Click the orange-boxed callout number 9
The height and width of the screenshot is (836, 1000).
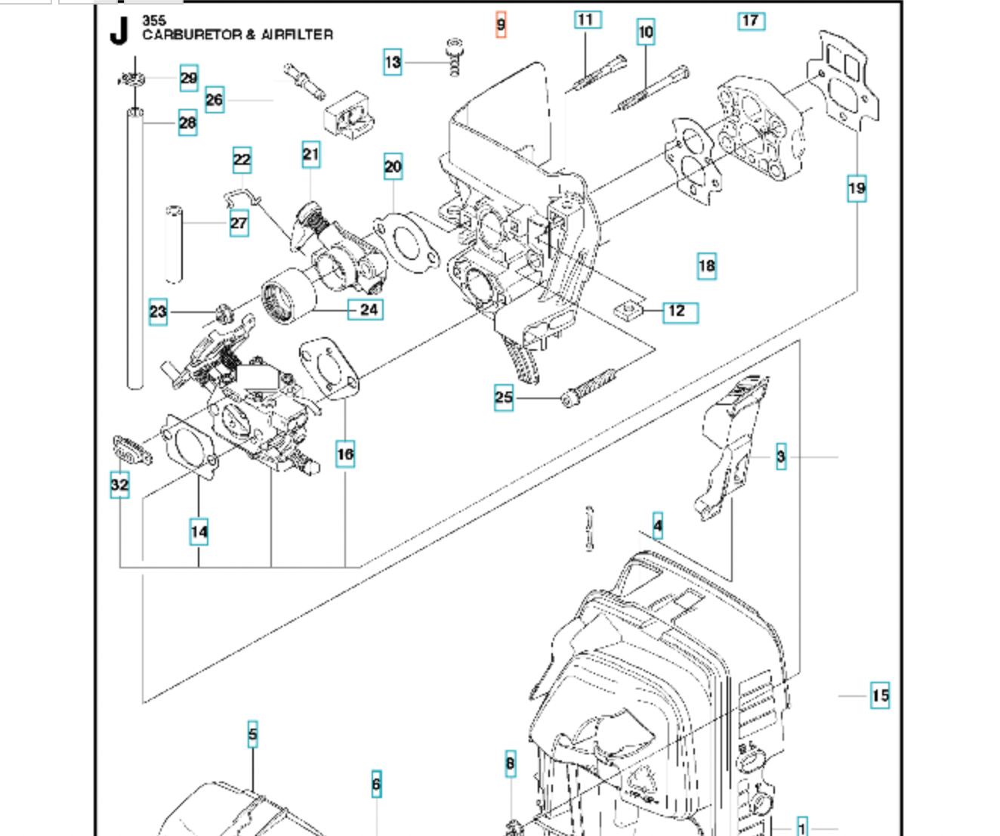(501, 24)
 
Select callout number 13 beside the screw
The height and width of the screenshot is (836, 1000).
(393, 62)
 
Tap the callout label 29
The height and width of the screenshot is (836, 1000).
(189, 78)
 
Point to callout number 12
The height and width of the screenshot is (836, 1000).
(680, 312)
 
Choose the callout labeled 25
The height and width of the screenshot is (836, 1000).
(503, 398)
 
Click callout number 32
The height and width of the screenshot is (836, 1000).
(120, 485)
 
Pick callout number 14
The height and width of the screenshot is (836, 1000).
(199, 531)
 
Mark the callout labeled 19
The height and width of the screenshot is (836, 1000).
(856, 188)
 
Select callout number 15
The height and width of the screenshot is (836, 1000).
(880, 695)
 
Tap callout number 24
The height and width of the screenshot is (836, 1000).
(366, 309)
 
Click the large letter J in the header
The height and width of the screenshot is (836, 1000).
(119, 32)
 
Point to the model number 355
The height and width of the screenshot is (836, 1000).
(154, 20)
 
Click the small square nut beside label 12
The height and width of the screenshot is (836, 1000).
(628, 311)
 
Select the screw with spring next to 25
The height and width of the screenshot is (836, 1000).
(589, 389)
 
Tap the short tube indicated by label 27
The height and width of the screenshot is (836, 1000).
(174, 244)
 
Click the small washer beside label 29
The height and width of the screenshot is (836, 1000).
(132, 79)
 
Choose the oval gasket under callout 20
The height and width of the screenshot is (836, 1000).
(407, 243)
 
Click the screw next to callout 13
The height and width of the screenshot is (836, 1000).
(455, 57)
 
